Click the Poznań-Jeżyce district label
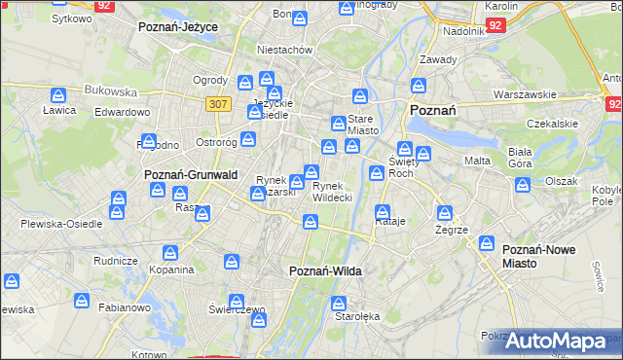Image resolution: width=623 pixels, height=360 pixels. (177, 27)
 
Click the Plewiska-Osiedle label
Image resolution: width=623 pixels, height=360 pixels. (62, 223)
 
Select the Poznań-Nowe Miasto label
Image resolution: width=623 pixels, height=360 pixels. (538, 257)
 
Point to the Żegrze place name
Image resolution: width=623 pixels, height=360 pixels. (453, 230)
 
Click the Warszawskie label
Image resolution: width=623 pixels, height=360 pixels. (524, 94)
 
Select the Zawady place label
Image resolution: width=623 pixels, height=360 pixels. (438, 59)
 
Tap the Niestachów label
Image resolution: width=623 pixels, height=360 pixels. (283, 49)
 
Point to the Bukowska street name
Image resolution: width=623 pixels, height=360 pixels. (110, 90)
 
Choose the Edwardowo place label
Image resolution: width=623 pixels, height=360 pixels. (122, 112)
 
